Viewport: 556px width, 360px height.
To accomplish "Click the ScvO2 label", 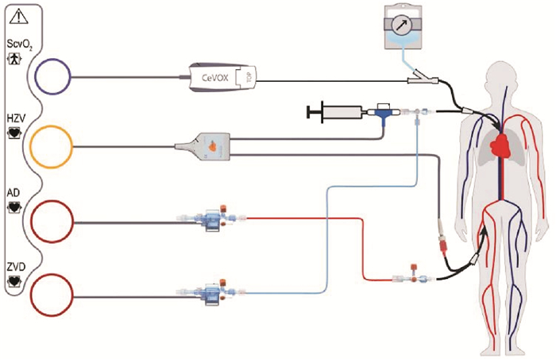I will pyautogui.click(x=17, y=46).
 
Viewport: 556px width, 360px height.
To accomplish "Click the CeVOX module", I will pyautogui.click(x=226, y=78).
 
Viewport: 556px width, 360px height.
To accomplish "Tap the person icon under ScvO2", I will pyautogui.click(x=14, y=58).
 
